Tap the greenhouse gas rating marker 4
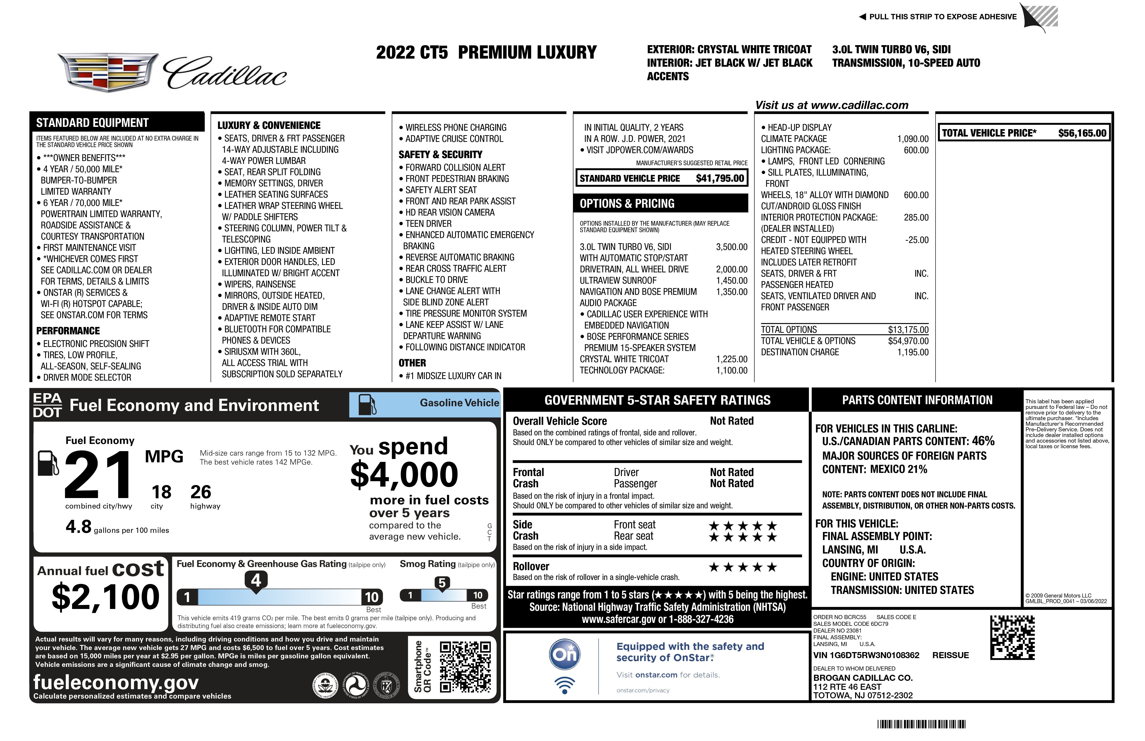tap(256, 580)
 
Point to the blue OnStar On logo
tap(565, 654)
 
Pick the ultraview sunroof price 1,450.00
tap(731, 280)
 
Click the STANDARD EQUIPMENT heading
tap(92, 123)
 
